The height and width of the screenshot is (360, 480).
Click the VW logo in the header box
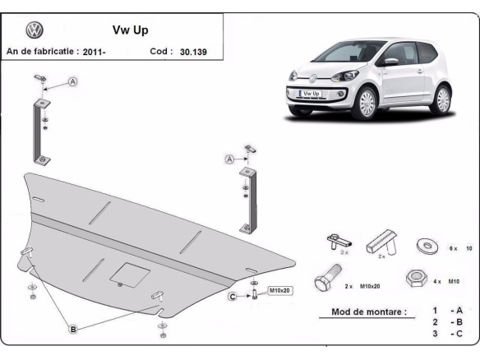(34, 31)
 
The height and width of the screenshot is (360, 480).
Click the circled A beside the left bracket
(74, 82)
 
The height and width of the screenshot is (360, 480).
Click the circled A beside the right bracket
(231, 158)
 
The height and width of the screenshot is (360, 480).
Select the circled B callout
(73, 330)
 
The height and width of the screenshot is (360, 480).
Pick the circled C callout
(233, 296)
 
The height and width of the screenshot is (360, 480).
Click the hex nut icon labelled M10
(416, 278)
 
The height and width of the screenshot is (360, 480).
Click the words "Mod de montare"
(368, 312)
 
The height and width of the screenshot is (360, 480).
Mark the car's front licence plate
(312, 94)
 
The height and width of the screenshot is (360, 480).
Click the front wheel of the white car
(366, 103)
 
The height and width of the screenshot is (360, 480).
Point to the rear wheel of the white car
(443, 99)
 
